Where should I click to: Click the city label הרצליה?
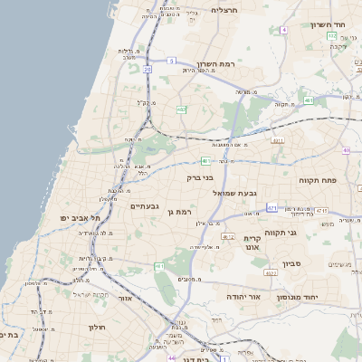point(224,10)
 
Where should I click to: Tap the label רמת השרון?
point(215,66)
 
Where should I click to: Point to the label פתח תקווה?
point(319,180)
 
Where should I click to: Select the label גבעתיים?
point(145,206)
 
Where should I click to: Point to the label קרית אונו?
point(252,242)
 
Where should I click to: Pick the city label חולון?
point(98,327)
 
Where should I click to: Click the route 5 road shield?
point(171,61)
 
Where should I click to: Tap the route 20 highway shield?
point(148,68)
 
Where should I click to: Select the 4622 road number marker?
point(270,272)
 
